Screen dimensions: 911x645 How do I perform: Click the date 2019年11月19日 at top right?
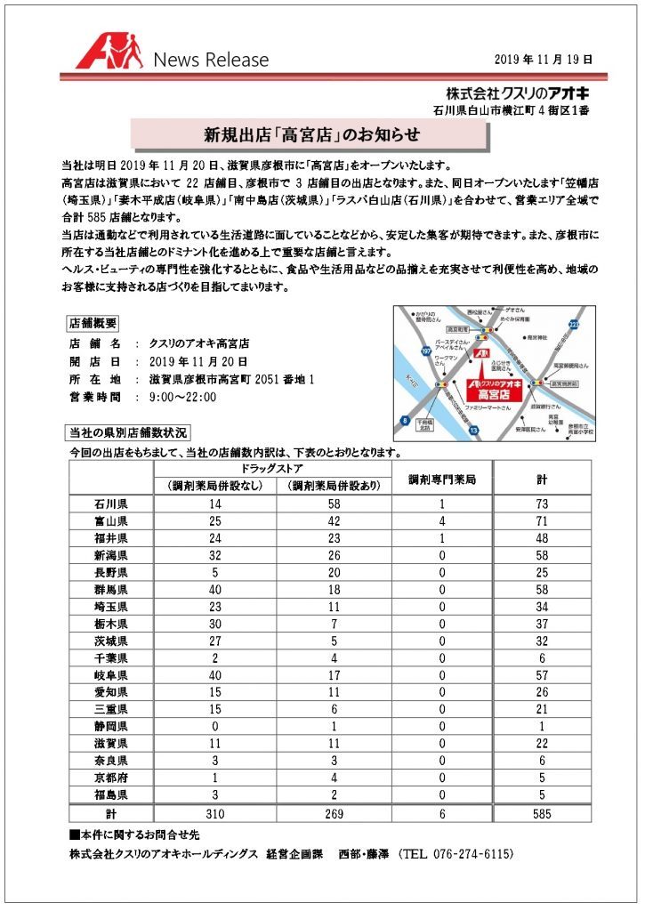pos(543,59)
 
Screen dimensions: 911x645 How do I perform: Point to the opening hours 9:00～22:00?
pos(183,397)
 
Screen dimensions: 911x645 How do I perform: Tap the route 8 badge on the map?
pos(406,420)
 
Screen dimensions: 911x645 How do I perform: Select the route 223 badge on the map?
pos(575,325)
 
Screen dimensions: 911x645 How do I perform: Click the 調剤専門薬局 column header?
pos(442,479)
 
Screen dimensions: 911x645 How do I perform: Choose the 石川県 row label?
pos(111,504)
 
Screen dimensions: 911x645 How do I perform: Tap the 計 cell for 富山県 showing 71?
pos(541,520)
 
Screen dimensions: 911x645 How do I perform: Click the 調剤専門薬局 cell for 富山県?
pos(442,520)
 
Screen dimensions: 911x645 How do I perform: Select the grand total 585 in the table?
pos(541,813)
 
